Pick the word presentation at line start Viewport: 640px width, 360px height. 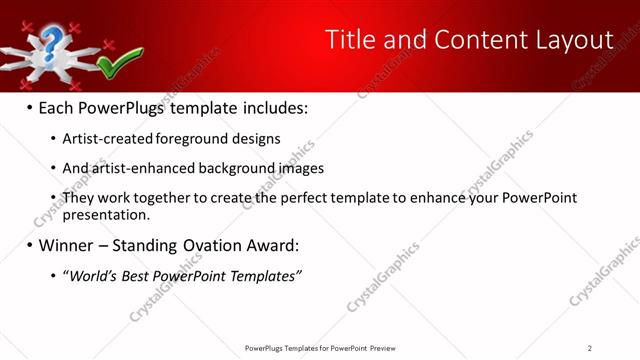[105, 214]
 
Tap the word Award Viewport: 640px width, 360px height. [267, 245]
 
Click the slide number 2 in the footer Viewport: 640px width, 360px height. [590, 348]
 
